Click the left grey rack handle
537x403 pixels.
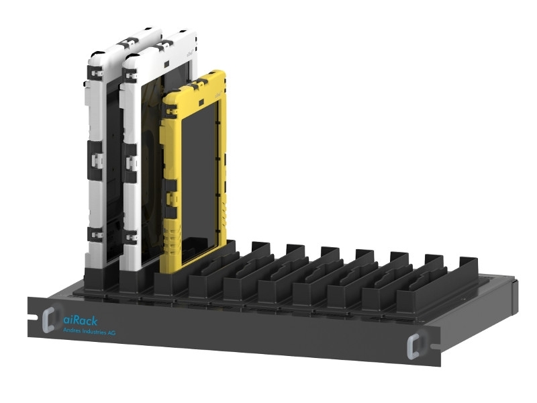point(48,320)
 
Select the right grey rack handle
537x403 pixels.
point(415,345)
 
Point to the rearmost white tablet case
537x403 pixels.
point(101,134)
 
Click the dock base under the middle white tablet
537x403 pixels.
point(134,279)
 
